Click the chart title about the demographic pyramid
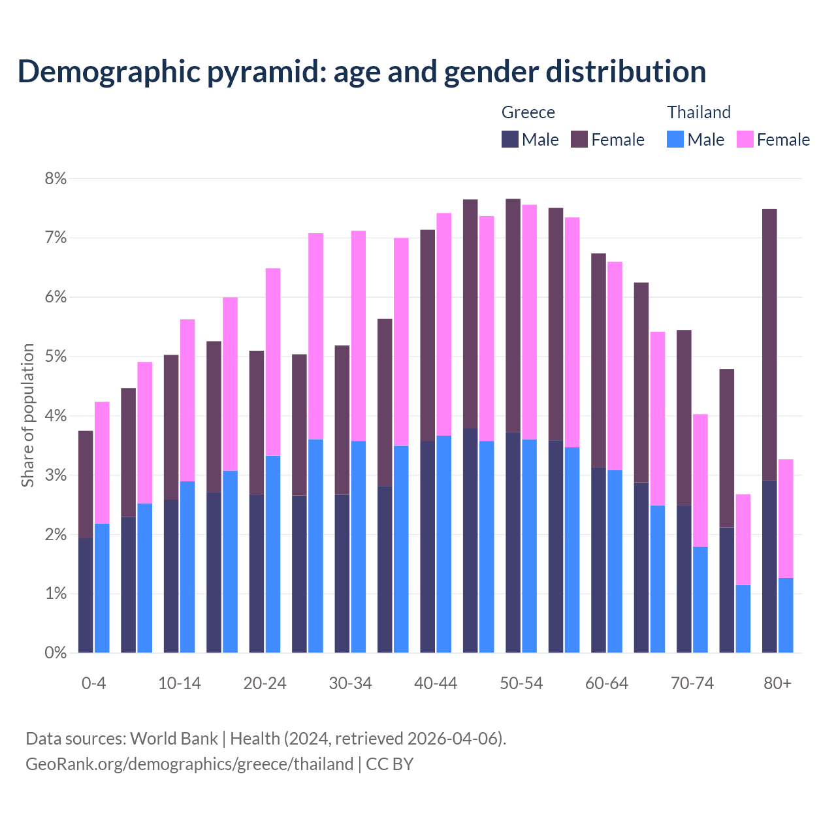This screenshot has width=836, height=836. [x=362, y=72]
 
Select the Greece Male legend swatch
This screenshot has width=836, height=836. [x=510, y=139]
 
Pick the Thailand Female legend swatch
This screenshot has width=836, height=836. [x=745, y=139]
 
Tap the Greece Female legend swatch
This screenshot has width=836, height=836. [x=579, y=139]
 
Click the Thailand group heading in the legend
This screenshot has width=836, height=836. [x=698, y=112]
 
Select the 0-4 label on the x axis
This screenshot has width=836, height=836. [x=93, y=684]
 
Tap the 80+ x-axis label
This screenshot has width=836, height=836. [x=777, y=684]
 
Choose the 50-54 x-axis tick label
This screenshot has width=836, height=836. [x=521, y=684]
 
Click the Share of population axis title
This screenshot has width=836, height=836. [x=28, y=415]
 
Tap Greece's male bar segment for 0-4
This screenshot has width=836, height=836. [x=86, y=595]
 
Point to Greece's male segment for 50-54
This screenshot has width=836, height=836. [x=513, y=542]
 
